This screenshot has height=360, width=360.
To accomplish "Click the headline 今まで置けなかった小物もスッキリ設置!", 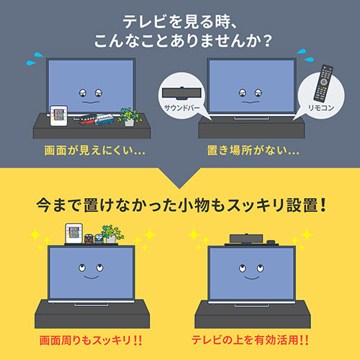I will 180,206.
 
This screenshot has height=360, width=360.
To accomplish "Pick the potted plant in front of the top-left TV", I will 129,117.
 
